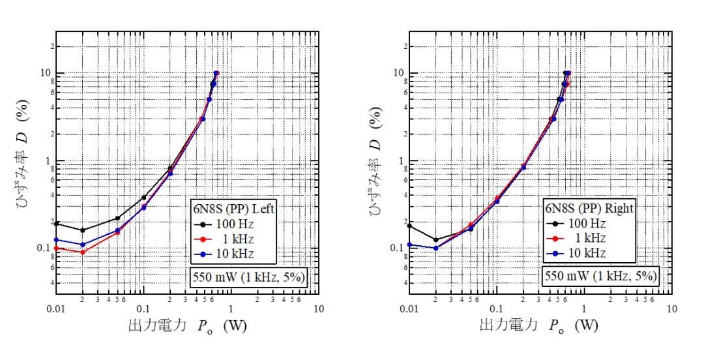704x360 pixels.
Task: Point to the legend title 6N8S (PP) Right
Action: [589, 209]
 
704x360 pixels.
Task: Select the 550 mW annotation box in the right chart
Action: [600, 277]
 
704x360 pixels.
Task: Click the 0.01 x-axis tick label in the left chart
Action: [56, 308]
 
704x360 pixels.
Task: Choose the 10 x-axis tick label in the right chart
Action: [672, 308]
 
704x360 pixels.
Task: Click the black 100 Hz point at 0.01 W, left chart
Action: [57, 224]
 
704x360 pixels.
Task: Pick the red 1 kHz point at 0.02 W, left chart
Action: [82, 252]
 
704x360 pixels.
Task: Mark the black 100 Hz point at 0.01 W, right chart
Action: [409, 226]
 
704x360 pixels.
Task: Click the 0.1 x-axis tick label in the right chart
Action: [497, 308]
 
